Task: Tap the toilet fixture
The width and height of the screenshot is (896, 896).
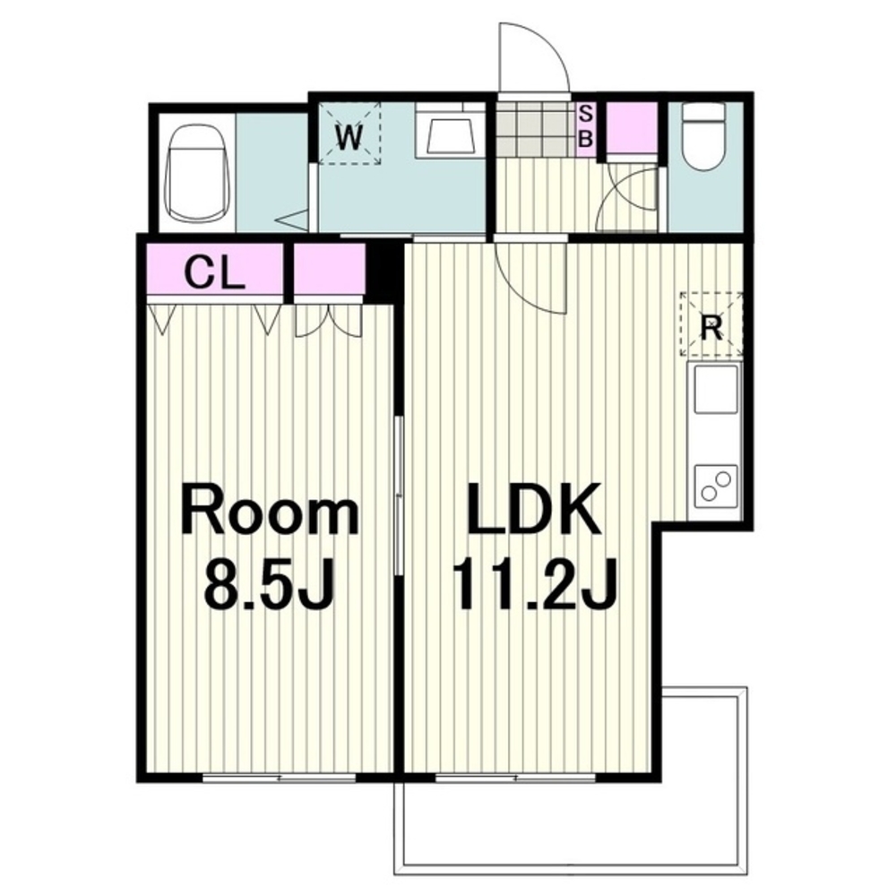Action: click(x=705, y=136)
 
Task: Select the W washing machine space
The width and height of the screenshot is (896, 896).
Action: click(x=349, y=134)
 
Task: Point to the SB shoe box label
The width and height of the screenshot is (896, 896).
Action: click(x=586, y=127)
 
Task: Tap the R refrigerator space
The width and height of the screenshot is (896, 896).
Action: click(x=711, y=324)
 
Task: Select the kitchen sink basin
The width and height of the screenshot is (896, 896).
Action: click(x=716, y=389)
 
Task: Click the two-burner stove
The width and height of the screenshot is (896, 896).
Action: click(x=716, y=485)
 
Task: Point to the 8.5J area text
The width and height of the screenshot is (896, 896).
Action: click(x=269, y=582)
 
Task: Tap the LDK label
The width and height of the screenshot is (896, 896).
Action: click(x=534, y=508)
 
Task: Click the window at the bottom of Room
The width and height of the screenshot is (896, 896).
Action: click(x=280, y=778)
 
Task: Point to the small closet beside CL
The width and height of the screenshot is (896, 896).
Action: click(x=329, y=267)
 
